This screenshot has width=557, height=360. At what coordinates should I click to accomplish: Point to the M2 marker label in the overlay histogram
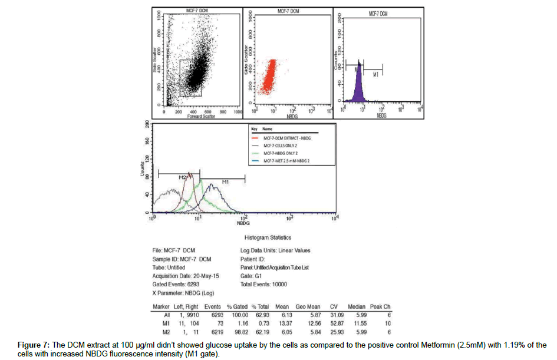[x=183, y=177]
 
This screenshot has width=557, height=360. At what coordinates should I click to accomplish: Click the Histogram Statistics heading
[x=268, y=238]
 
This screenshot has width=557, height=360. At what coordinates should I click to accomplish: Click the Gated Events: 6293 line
[x=176, y=284]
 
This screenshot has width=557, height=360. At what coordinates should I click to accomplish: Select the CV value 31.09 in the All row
[x=335, y=315]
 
